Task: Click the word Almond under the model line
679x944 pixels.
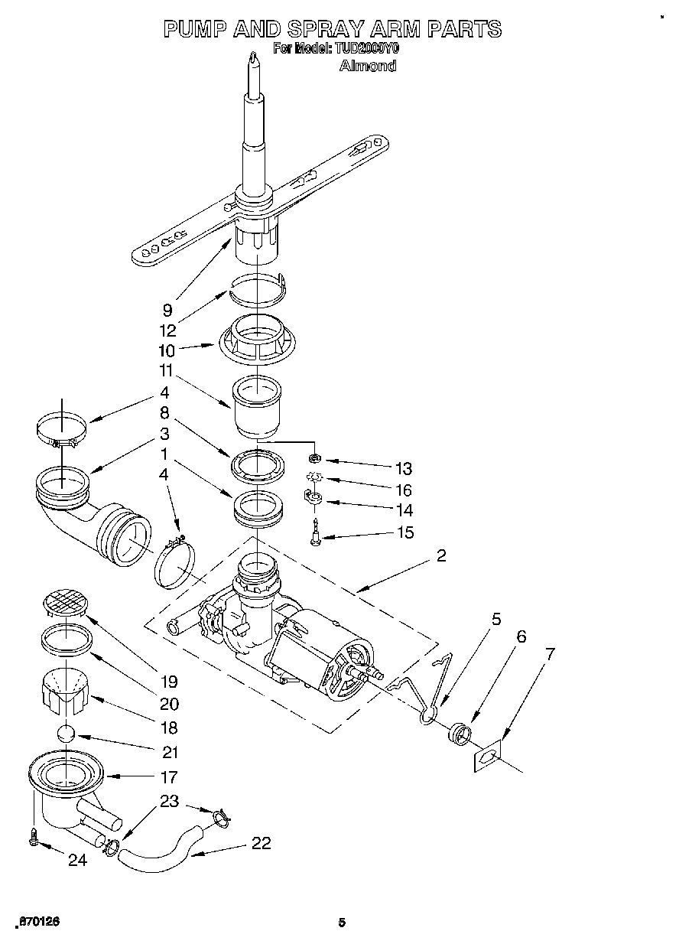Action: [367, 66]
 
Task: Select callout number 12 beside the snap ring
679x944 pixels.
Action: [167, 330]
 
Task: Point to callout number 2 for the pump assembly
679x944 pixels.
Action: [441, 556]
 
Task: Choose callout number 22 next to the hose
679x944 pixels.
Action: [261, 843]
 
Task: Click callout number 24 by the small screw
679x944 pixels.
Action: [77, 860]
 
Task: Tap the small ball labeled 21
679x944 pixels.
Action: [67, 734]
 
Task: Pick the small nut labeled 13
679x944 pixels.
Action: [314, 458]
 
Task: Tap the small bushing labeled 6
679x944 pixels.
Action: [458, 735]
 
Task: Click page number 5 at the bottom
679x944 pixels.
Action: [343, 923]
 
